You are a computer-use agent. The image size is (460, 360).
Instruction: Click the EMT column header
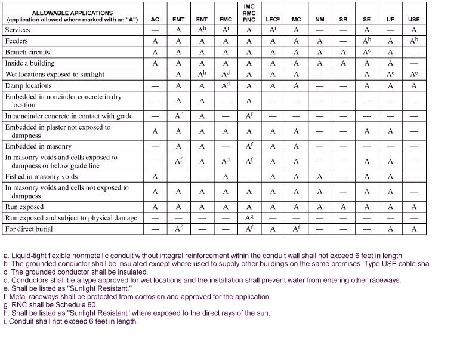pos(178,20)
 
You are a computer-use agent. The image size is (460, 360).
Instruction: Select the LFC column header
pos(273,20)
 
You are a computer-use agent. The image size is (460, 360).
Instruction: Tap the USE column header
pos(413,20)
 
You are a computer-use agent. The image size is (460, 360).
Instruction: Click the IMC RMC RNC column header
pos(249,13)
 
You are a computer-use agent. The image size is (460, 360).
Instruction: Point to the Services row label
pos(17,30)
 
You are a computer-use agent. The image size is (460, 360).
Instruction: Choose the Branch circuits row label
pos(27,52)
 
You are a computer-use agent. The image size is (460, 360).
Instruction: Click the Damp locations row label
pos(28,85)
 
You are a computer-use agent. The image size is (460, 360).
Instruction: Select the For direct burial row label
pos(29,229)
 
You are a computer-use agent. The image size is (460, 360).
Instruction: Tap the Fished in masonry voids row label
pos(41,177)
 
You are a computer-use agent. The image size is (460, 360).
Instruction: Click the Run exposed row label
pos(24,207)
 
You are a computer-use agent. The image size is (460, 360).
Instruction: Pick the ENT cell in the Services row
pos(202,30)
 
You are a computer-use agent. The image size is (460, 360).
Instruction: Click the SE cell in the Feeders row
pos(367,41)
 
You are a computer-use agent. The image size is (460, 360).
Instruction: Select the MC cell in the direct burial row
pos(297,229)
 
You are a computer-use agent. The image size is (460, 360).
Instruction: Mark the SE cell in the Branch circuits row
pos(367,52)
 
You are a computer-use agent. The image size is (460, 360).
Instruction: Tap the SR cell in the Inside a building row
pos(343,63)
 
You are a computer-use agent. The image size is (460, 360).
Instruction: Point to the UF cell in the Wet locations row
pos(390,75)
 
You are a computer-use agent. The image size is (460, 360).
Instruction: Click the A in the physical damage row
pos(249,218)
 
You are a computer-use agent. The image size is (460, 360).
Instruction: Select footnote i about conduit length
pos(70,321)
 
